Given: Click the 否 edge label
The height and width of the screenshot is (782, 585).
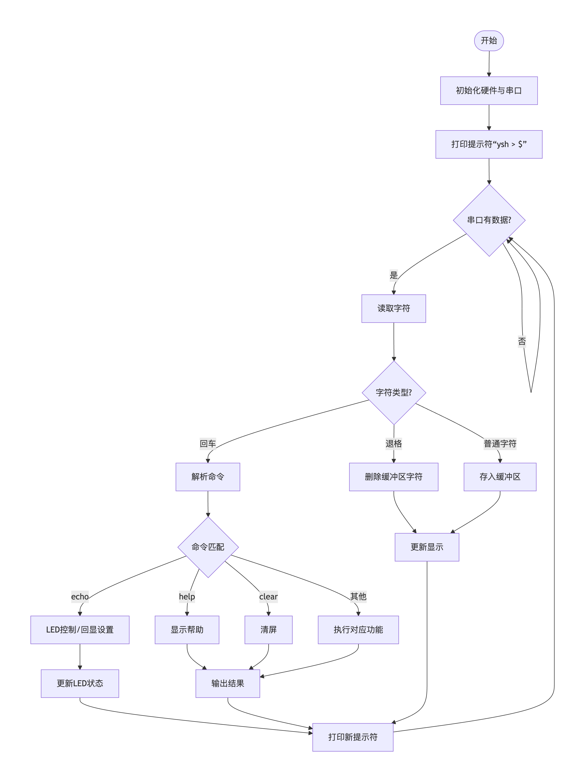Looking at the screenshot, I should (x=522, y=341).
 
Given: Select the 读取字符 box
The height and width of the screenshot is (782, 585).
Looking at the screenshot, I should (x=393, y=308).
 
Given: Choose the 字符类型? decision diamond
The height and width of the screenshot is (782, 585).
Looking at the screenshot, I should (x=393, y=392).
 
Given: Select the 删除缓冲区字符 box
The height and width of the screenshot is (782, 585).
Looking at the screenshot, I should (x=393, y=477).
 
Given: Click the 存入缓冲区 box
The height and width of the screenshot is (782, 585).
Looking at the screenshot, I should (x=500, y=477).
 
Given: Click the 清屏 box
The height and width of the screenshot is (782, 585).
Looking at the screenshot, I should (x=268, y=630).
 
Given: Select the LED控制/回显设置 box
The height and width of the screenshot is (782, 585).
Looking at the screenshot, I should (x=80, y=630).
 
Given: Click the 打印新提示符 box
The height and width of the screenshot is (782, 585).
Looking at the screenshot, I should (x=353, y=737).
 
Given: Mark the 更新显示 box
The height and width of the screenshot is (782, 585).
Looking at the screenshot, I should (x=427, y=547).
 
